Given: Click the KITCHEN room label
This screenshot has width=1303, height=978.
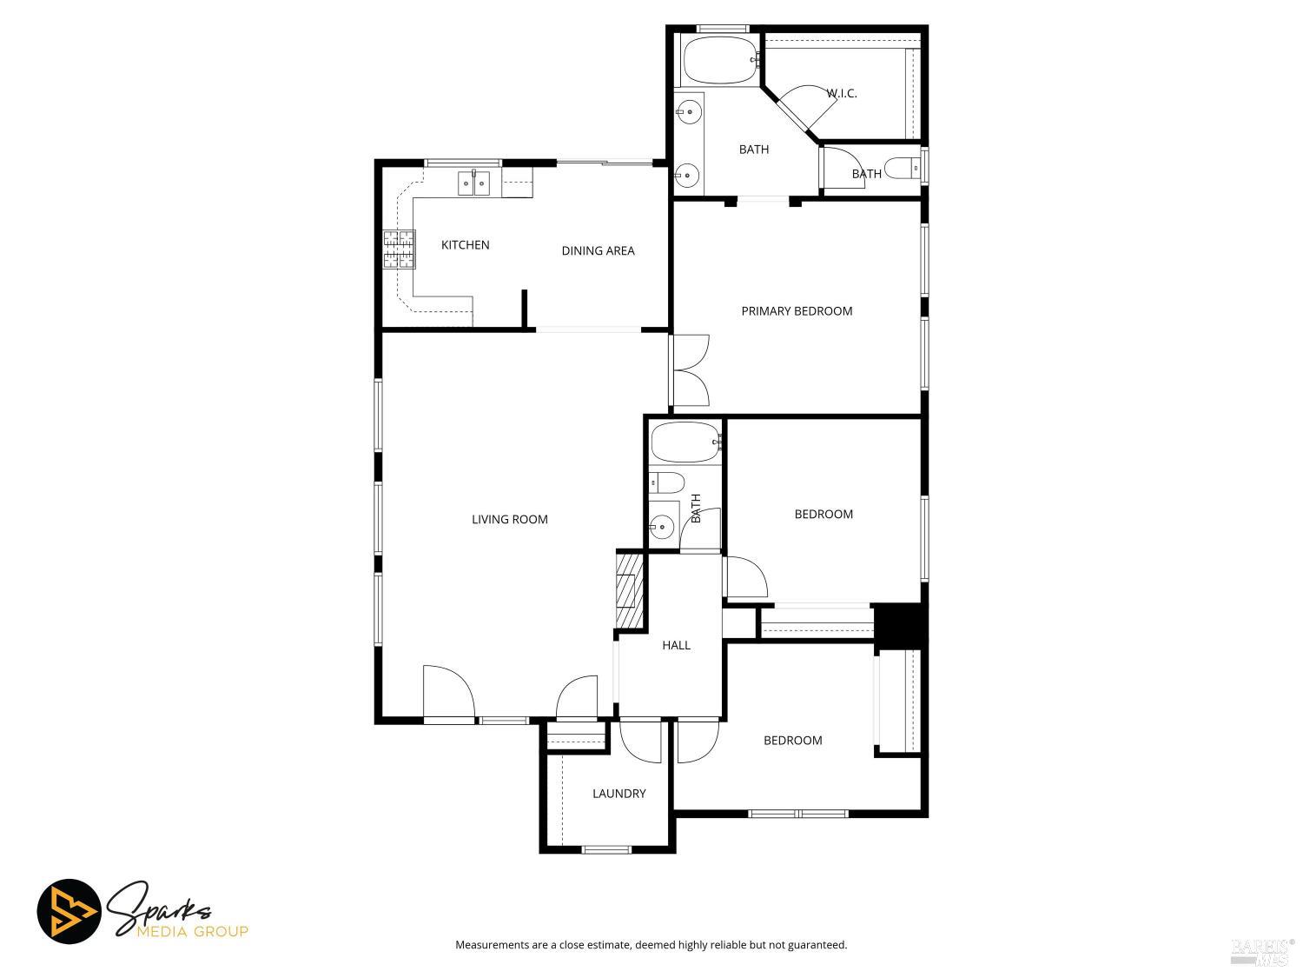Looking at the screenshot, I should coord(465,245).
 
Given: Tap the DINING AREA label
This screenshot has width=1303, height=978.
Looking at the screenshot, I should coord(598,250).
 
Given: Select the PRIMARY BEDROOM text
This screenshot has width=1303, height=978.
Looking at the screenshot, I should coord(797,311).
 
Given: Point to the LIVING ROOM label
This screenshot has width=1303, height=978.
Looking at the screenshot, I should coord(509,520).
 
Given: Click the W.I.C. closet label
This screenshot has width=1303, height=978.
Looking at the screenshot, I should coord(841,93).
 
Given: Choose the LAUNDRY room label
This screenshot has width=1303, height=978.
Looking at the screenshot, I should coord(618,794).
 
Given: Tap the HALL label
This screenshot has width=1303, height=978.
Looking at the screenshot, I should coord(676,645).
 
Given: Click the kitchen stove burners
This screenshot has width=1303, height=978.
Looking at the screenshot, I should coord(399,249).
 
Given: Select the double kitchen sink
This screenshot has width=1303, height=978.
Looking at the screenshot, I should coord(474,183).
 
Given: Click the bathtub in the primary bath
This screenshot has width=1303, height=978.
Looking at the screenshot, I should coord(720,59).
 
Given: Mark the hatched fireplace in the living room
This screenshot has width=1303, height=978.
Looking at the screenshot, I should coord(628,591).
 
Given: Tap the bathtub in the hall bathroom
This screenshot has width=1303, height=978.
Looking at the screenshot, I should coord(685,442).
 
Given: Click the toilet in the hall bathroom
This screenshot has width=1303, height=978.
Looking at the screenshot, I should coord(666,482).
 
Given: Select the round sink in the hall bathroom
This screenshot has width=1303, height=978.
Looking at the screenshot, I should coord(663,525).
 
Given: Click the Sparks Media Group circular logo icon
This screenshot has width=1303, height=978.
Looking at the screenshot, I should coord(69,912).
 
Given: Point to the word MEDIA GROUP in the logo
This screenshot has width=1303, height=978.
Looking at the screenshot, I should coord(192,932).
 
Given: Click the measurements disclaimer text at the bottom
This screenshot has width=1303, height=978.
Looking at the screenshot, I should coord(651,945).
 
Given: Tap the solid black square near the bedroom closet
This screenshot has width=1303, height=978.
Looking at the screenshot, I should coord(900,624).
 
